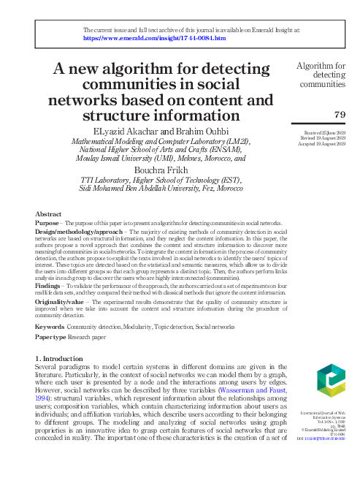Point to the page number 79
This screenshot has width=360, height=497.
click(339, 114)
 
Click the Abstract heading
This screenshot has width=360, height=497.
click(48, 213)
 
